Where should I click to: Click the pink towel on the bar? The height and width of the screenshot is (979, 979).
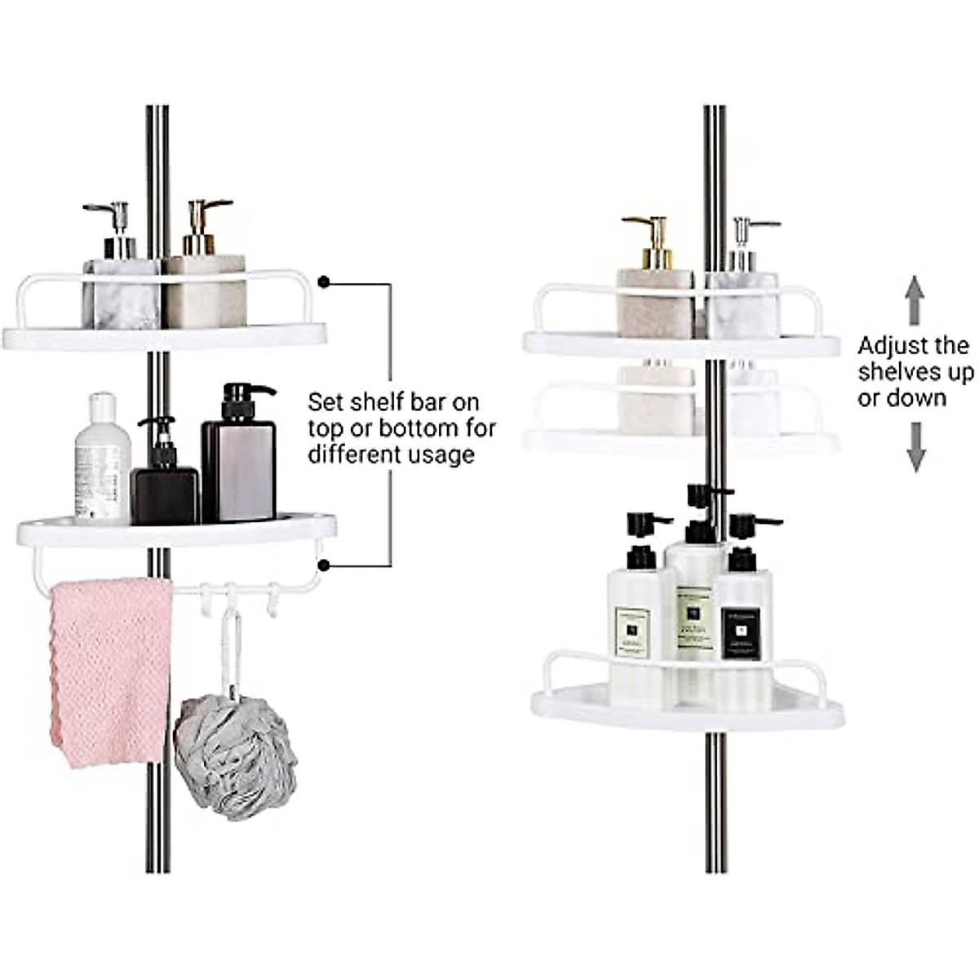coord(110,669)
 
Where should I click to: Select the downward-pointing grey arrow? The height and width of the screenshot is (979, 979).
coord(916,447)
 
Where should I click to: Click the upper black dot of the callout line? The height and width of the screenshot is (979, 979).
coord(324,283)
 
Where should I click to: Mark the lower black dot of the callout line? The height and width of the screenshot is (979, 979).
coord(324,565)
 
